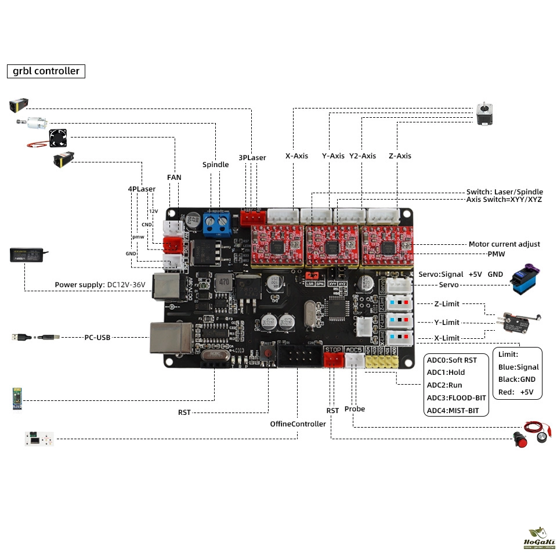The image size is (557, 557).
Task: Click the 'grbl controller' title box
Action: point(46,71)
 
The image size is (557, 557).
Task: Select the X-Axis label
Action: point(296,156)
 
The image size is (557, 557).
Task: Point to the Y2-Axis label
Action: point(363,156)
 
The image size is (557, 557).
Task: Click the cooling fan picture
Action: point(59,137)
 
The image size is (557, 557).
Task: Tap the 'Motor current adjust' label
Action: point(504,244)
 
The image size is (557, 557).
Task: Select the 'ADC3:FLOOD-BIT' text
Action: point(457,397)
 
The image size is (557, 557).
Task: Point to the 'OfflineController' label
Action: point(298,424)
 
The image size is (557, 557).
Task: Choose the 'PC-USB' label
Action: point(97,337)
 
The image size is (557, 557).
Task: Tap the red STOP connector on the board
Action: point(333,360)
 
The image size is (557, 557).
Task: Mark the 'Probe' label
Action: point(355,409)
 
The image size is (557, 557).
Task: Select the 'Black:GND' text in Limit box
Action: point(516,379)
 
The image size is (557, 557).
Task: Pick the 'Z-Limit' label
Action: point(446,303)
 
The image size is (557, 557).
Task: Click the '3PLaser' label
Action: point(252,157)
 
